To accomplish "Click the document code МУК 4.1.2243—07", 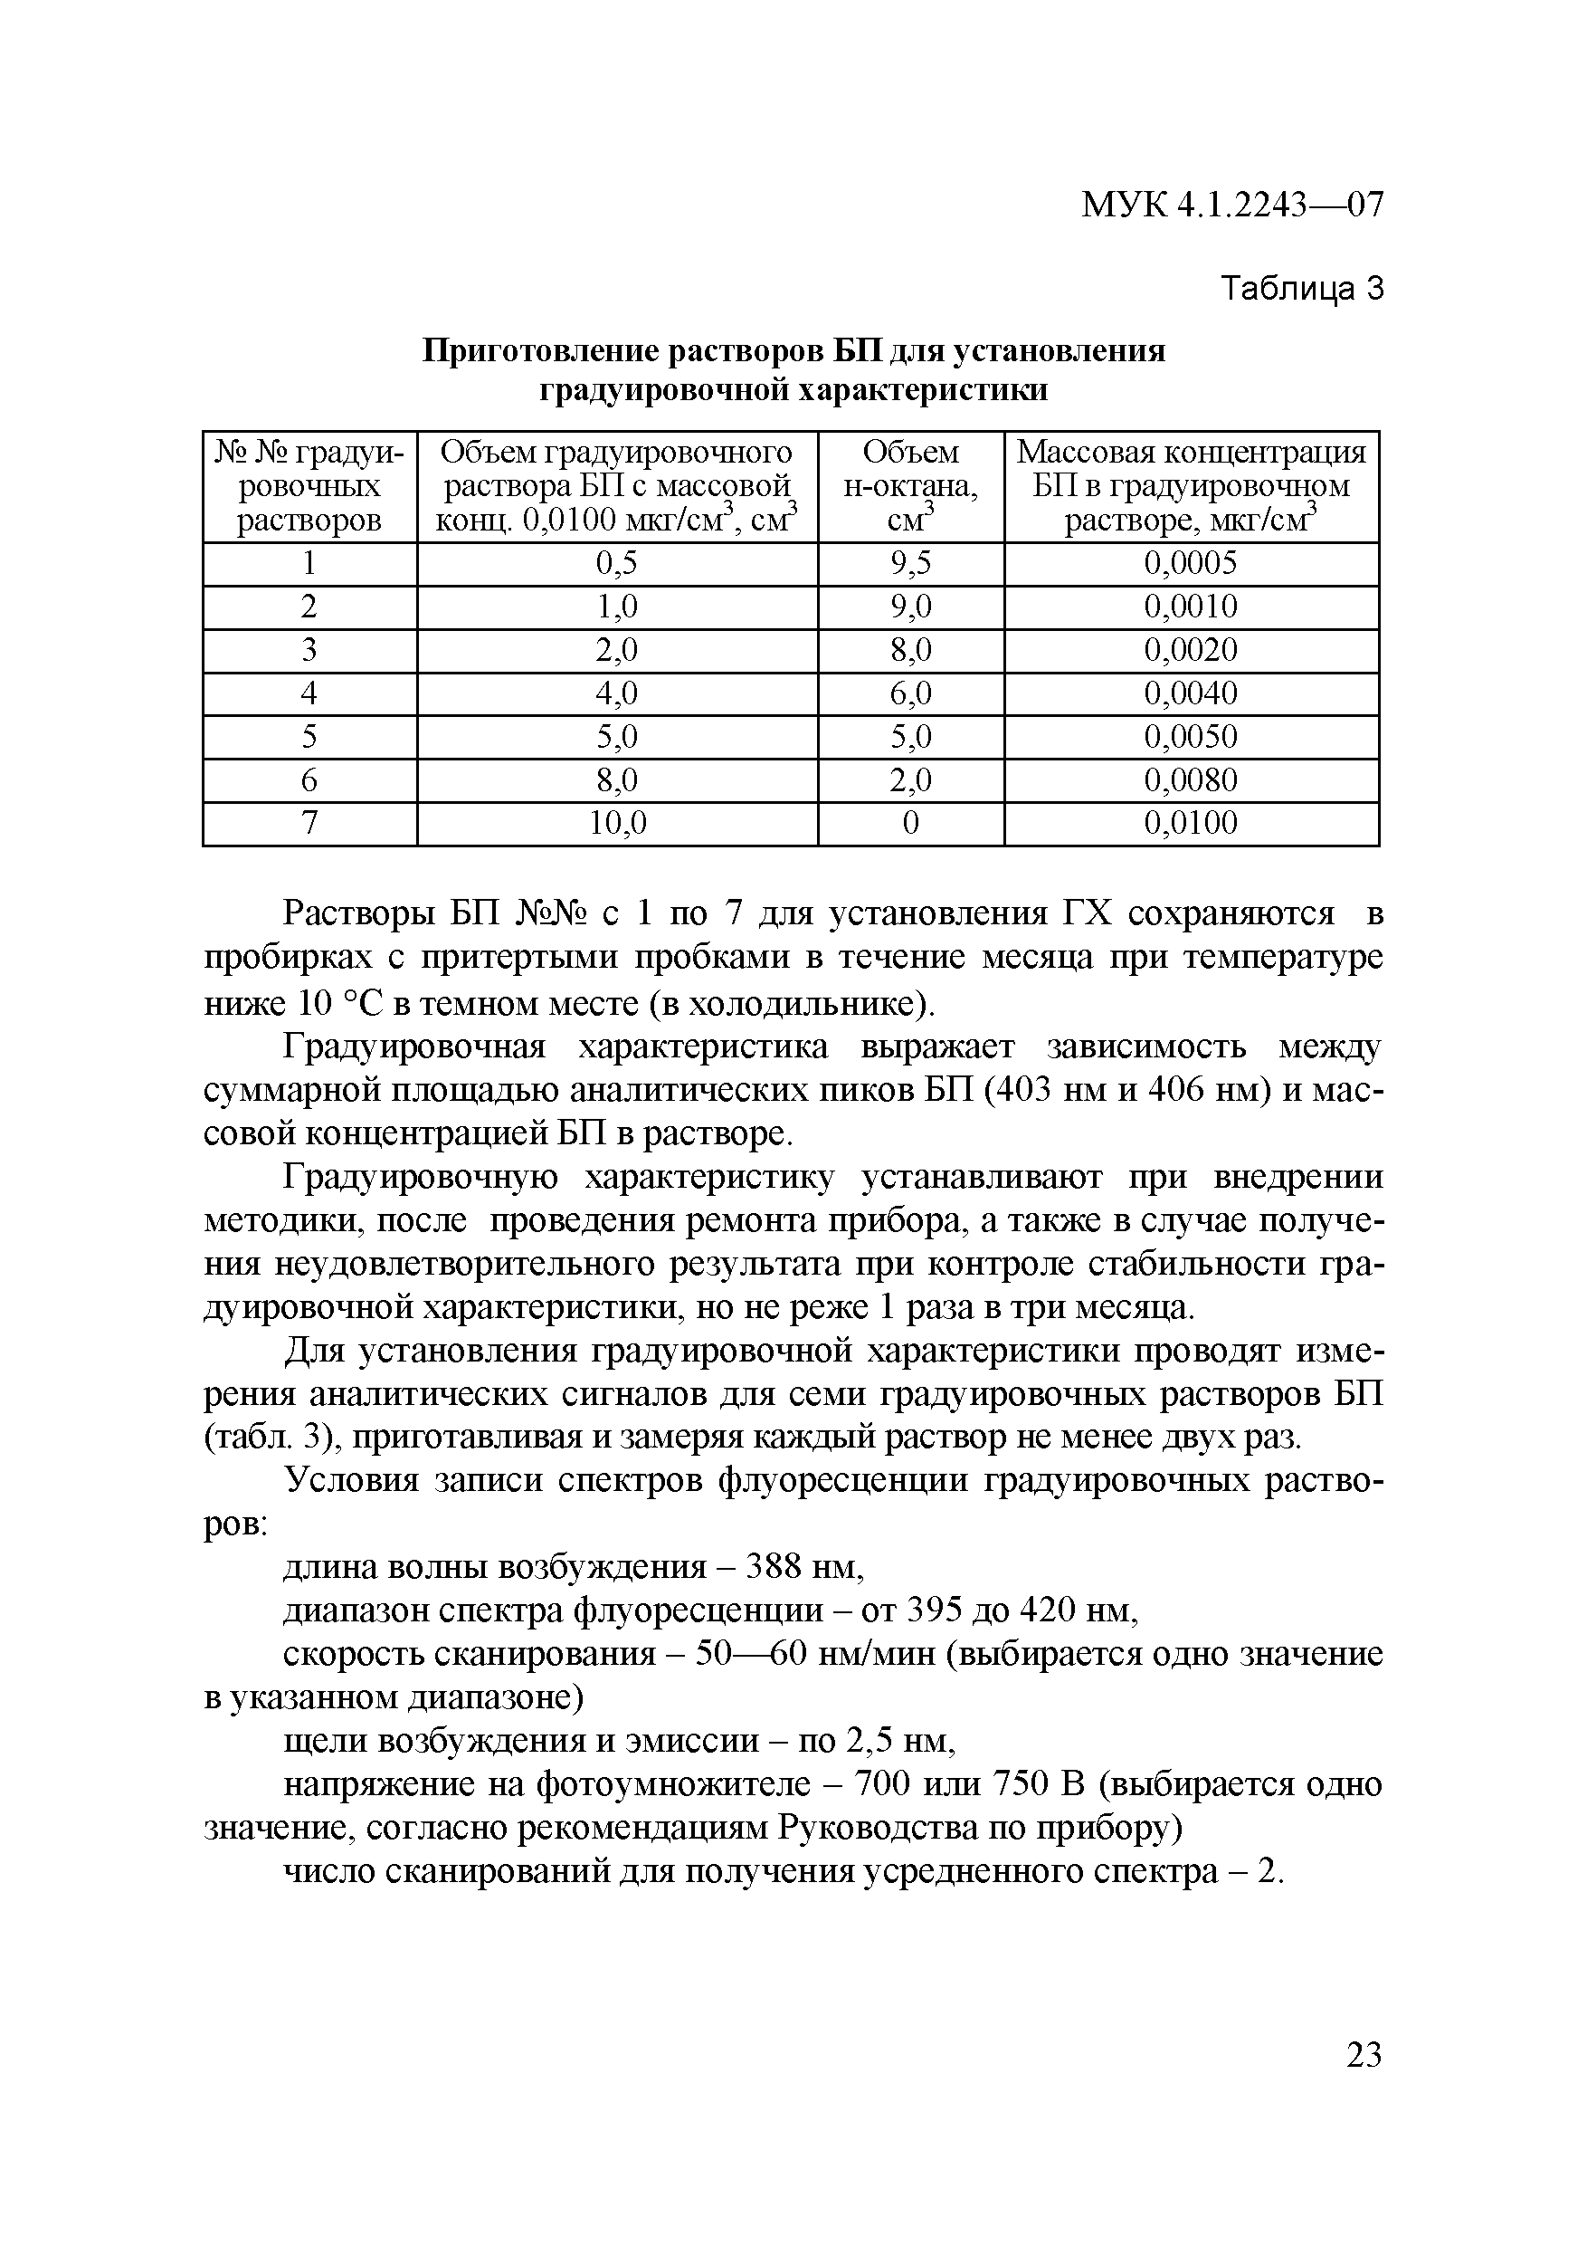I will (1232, 205).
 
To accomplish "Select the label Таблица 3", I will (1303, 289).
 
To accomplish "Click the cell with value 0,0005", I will (1190, 563).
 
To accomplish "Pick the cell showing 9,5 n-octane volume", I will (910, 563).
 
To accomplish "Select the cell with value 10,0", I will (617, 823).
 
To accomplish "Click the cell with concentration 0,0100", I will (1190, 823).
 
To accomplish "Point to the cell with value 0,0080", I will (1190, 779).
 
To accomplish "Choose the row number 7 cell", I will (309, 823).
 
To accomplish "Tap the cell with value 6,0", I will (910, 693).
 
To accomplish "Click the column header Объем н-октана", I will (910, 485).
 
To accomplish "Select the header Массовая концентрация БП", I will (1190, 485).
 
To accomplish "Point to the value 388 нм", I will (803, 1567).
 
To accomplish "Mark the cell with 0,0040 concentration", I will (1190, 693).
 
